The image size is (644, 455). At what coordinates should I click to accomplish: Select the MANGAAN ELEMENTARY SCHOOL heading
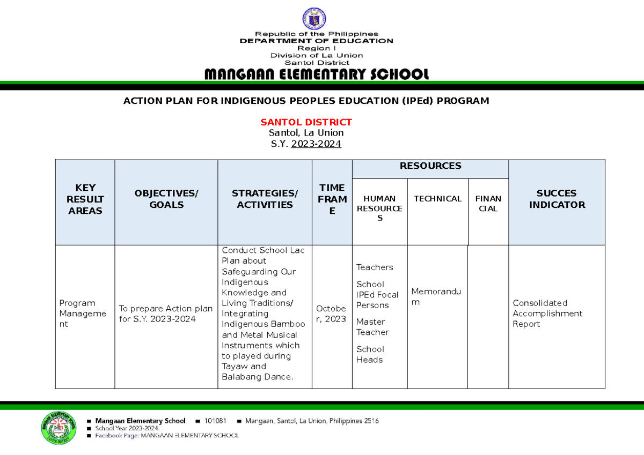(317, 74)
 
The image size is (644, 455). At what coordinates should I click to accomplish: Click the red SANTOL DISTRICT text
(306, 122)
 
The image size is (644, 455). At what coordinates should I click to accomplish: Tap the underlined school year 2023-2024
(316, 144)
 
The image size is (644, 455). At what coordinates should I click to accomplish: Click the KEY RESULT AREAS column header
(85, 199)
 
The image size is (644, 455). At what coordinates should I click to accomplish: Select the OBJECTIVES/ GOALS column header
(166, 199)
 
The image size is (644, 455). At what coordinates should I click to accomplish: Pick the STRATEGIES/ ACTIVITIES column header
(265, 199)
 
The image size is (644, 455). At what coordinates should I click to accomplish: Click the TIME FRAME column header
(332, 199)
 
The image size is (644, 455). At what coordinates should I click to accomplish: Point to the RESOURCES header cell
(430, 166)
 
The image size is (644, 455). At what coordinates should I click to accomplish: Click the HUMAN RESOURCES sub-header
(379, 208)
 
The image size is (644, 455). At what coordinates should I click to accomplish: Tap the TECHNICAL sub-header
(437, 199)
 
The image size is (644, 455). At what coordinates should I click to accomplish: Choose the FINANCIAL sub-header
(488, 204)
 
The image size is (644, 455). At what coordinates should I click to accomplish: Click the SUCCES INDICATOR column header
(557, 199)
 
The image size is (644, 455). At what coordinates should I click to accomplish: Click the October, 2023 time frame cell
(331, 314)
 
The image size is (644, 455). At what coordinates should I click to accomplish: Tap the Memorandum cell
(436, 297)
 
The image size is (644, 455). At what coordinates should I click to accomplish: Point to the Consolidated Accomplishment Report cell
(547, 314)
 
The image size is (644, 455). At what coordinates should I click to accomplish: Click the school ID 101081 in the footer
(216, 421)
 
